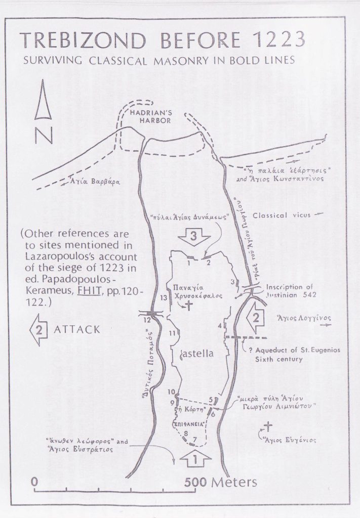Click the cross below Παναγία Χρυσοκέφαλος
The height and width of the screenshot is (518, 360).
(189, 305)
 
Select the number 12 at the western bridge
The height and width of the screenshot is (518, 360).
(147, 320)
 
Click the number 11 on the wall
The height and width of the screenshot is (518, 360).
(174, 332)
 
